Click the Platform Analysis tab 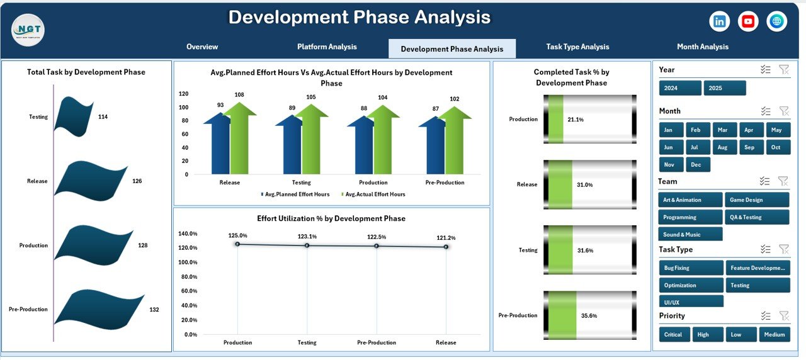pos(327,47)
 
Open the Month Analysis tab pos(702,47)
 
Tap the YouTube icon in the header pos(748,21)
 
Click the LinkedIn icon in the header pos(719,21)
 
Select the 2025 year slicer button pos(724,88)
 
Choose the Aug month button pos(722,147)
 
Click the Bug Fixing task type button pos(691,268)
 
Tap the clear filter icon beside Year pos(784,70)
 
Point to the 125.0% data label pos(237,235)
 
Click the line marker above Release pos(446,247)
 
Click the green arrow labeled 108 pos(239,138)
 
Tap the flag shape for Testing pos(74,116)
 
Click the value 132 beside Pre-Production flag pos(154,310)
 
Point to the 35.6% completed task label pos(589,316)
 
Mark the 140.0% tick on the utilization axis pos(188,233)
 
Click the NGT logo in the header pos(28,30)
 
